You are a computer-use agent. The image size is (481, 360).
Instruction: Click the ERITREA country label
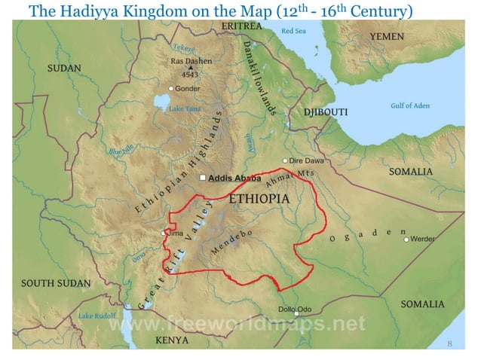click(241, 26)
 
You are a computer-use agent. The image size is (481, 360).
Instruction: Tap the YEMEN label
click(387, 36)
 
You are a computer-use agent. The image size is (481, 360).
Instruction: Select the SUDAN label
click(64, 68)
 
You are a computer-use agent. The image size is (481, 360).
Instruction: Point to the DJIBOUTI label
click(325, 112)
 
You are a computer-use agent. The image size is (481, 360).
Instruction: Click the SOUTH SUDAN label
click(55, 283)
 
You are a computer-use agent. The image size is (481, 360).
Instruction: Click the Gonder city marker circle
click(171, 88)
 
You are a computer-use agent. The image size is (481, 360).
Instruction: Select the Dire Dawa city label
click(307, 160)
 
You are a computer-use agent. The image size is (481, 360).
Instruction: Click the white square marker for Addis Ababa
click(202, 178)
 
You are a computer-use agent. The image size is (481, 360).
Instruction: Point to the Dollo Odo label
click(295, 310)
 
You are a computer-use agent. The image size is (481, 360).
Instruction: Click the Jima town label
click(175, 233)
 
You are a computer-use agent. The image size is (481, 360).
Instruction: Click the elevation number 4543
click(188, 75)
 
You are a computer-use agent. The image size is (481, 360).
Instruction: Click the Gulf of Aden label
click(410, 105)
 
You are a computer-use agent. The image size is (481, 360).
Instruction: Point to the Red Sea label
click(293, 31)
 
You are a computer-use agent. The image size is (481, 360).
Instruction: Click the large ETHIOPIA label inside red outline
click(259, 199)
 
